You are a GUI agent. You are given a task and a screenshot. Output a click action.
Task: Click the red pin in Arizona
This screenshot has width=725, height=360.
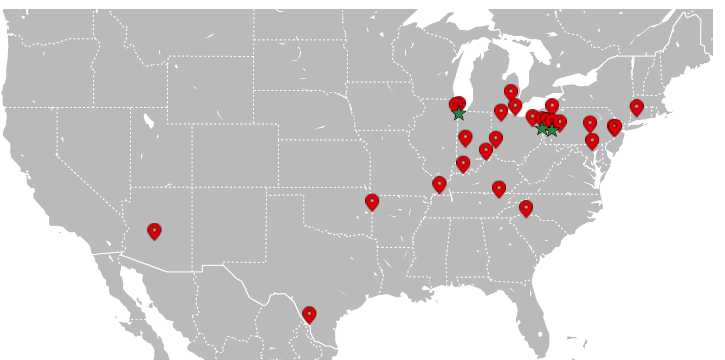pyautogui.click(x=154, y=231)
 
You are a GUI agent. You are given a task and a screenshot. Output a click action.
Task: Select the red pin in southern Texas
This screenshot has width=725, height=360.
pyautogui.click(x=309, y=314)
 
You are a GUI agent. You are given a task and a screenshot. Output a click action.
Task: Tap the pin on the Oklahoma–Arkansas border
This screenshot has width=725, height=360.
pyautogui.click(x=372, y=202)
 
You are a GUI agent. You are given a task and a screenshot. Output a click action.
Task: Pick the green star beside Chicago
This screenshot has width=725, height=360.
pyautogui.click(x=459, y=113)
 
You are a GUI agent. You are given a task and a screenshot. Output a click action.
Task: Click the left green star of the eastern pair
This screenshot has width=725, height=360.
pyautogui.click(x=541, y=128)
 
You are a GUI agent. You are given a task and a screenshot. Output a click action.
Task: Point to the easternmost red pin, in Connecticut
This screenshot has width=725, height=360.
pyautogui.click(x=637, y=107)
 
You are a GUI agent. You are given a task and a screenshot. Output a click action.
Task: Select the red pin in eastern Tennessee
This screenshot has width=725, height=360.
pyautogui.click(x=499, y=189)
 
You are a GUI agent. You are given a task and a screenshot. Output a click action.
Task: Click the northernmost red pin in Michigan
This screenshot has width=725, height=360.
pyautogui.click(x=511, y=92)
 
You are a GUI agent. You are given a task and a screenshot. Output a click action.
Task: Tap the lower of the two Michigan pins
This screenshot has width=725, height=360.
pyautogui.click(x=515, y=106)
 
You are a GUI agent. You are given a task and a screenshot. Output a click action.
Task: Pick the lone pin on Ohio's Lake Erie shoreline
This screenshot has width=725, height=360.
pyautogui.click(x=552, y=106)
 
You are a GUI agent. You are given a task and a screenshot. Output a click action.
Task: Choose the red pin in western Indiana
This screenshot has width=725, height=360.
pyautogui.click(x=465, y=138)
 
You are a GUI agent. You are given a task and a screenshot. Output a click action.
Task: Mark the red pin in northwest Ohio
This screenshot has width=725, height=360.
pyautogui.click(x=501, y=112)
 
